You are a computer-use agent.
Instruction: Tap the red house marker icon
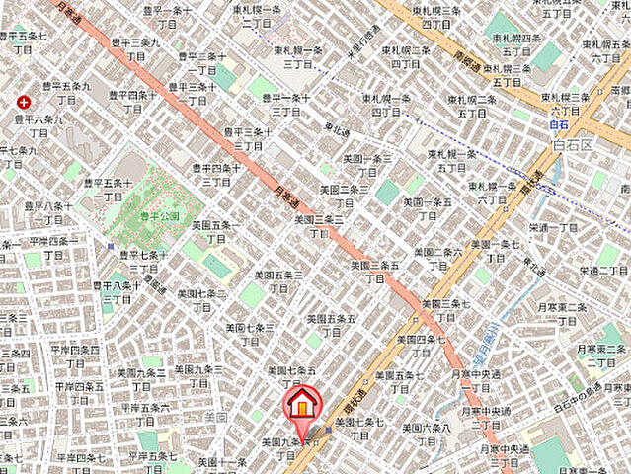[x=301, y=406]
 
